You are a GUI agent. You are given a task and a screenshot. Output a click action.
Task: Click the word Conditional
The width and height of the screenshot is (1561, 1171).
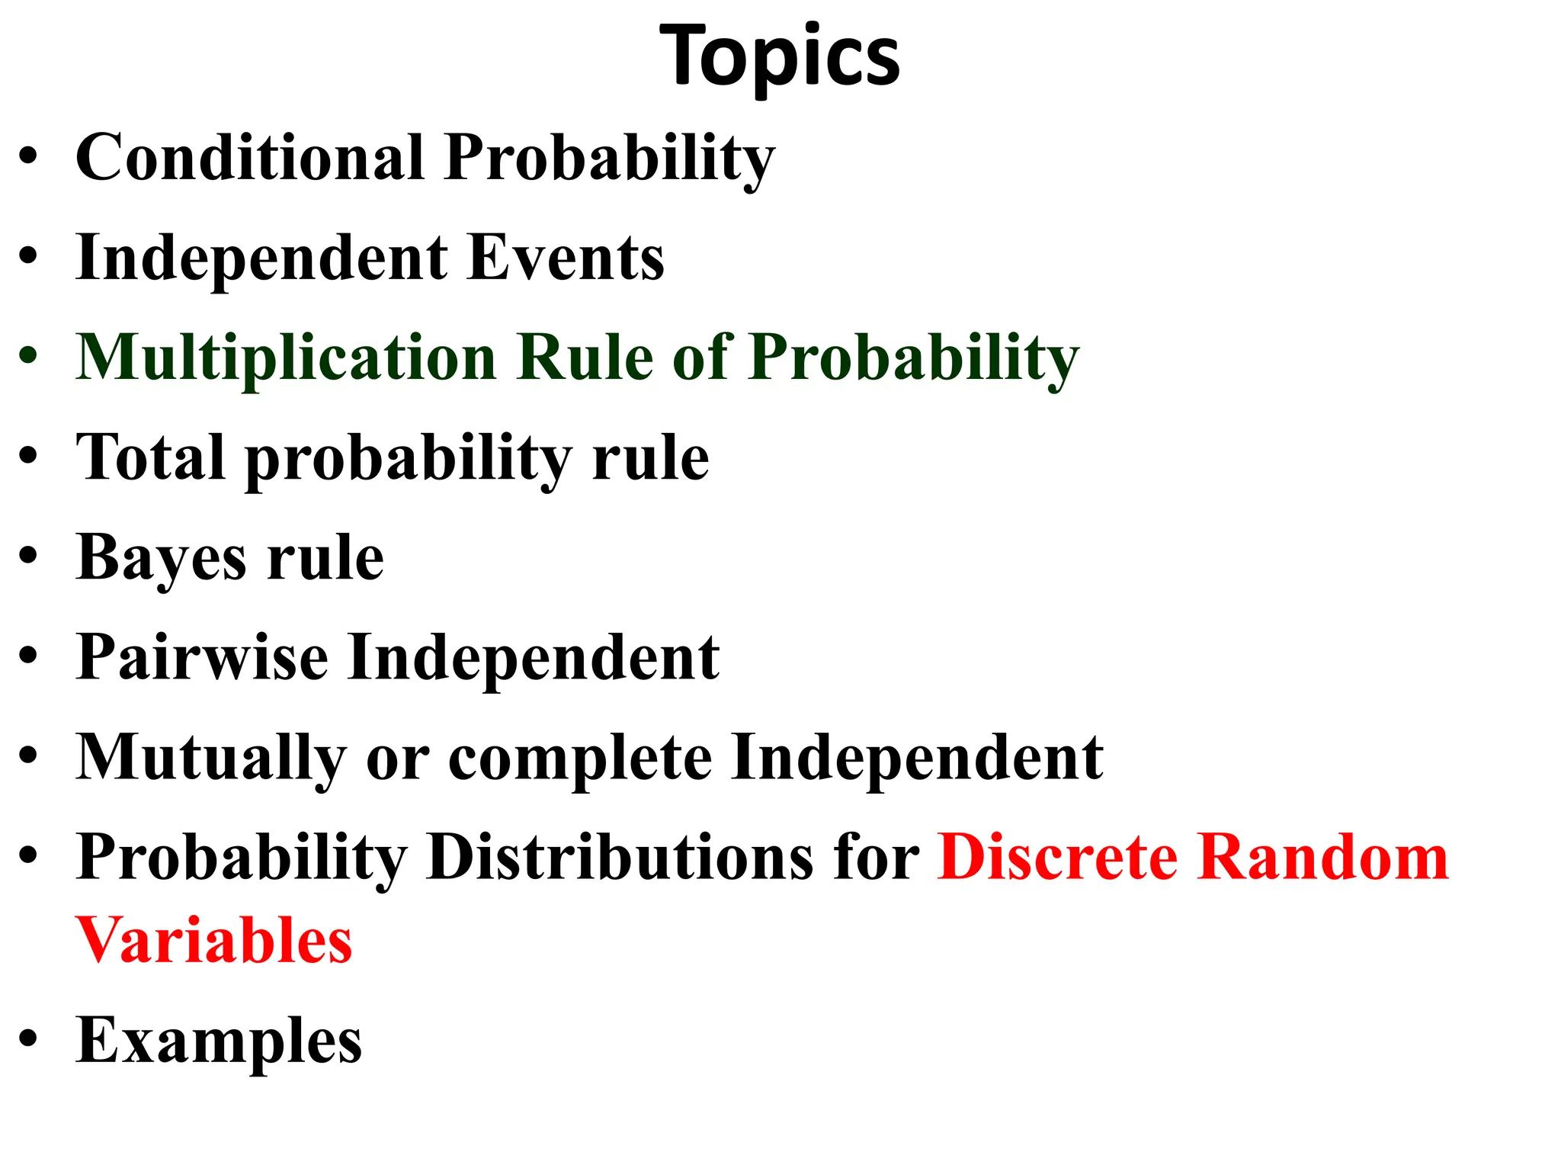[x=249, y=158]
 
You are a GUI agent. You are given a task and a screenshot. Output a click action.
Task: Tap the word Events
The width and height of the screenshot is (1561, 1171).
[x=565, y=258]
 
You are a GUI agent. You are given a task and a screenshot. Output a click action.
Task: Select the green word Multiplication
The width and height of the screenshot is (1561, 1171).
[x=287, y=358]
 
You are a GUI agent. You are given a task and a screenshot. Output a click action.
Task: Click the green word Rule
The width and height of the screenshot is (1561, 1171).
[x=585, y=358]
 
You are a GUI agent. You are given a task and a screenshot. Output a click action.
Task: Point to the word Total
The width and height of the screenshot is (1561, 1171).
[x=151, y=457]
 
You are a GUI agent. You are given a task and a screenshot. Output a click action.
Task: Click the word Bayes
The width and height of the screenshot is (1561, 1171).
[x=161, y=558]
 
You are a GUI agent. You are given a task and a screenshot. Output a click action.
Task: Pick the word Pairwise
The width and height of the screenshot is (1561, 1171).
[x=202, y=657]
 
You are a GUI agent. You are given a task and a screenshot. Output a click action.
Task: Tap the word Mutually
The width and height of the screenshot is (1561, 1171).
[x=211, y=758]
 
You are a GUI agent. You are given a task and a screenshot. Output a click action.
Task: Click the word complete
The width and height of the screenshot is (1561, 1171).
[x=580, y=758]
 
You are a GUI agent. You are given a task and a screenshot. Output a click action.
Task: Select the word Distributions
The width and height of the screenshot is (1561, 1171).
[x=620, y=857]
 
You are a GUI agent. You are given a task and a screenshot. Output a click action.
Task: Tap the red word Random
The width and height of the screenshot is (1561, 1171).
[x=1322, y=857]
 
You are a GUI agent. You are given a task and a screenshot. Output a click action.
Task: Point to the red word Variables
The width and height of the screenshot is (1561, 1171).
[x=214, y=941]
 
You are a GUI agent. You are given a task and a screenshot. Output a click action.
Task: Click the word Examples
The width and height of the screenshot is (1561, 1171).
[x=219, y=1041]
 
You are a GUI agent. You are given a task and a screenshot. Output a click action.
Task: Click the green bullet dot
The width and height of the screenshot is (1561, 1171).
[x=28, y=356]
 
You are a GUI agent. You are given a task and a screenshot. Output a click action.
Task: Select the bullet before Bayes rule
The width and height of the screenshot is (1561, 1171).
[x=28, y=557]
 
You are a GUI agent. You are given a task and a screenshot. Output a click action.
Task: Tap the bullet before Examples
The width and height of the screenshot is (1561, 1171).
[x=28, y=1039]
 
